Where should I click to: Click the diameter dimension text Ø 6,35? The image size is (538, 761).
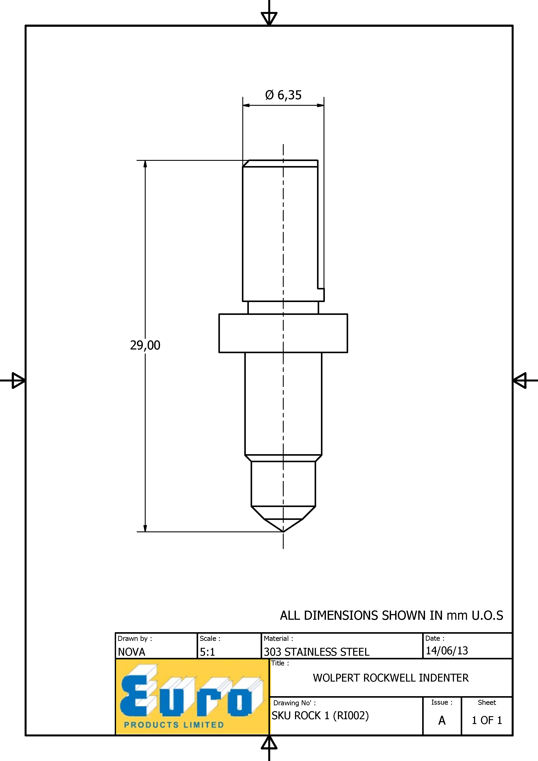283,95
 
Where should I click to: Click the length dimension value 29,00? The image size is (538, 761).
145,345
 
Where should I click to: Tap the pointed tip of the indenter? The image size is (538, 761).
283,532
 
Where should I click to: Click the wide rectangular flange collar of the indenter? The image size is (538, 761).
283,333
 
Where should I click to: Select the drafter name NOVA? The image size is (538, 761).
132,652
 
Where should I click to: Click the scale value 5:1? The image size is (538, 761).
207,652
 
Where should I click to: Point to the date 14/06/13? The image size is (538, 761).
447,651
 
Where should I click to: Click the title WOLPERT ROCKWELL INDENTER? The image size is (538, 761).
391,678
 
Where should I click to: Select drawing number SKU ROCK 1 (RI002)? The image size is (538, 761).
320,716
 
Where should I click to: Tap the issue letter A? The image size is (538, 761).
442,720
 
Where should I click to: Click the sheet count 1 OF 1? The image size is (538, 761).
487,720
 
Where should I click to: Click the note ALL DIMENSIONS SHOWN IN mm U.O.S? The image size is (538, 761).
391,615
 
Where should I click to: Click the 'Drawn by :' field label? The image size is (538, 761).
135,638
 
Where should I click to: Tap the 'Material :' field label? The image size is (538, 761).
278,638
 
